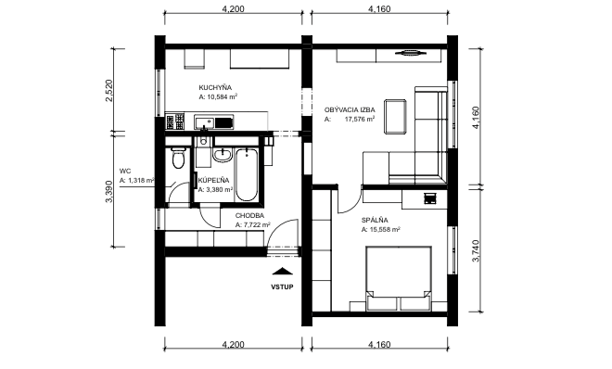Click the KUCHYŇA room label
(x=215, y=88)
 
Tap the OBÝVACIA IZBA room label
(x=350, y=110)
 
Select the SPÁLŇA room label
(x=375, y=221)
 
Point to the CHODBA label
(x=249, y=216)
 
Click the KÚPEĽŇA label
(x=213, y=180)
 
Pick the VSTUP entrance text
(x=282, y=287)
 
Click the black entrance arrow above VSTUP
(x=282, y=272)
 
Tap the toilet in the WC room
(x=178, y=158)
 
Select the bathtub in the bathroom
(x=247, y=174)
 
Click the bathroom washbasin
(x=223, y=155)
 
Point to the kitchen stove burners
(x=174, y=121)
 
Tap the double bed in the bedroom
(x=399, y=278)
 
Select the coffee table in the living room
(x=395, y=117)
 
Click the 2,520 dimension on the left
(x=108, y=91)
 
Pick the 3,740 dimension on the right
(x=476, y=251)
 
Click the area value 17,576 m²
(x=360, y=120)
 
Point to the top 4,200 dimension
(x=233, y=8)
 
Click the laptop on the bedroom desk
(x=429, y=198)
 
